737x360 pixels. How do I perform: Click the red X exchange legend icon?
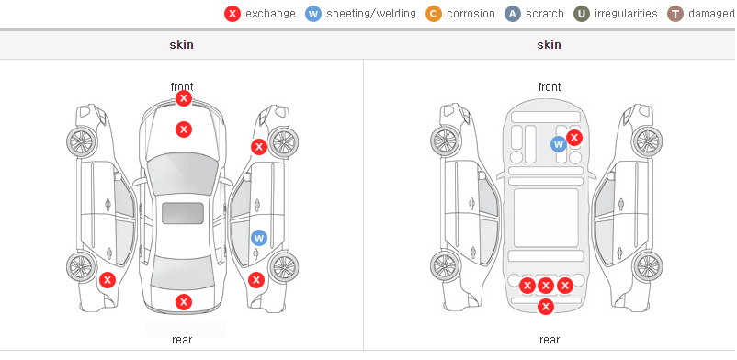click(x=232, y=14)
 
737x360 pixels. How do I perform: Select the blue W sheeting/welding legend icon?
click(x=313, y=14)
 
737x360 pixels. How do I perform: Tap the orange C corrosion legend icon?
click(x=434, y=14)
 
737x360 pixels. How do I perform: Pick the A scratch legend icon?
click(x=513, y=14)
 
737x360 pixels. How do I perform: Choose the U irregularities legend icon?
click(x=582, y=14)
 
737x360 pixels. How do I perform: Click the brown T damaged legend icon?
click(x=675, y=14)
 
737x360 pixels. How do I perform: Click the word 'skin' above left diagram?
click(x=181, y=45)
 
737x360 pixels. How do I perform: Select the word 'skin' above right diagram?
click(x=549, y=45)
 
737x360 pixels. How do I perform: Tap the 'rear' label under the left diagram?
click(x=182, y=340)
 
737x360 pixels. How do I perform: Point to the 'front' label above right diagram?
click(x=550, y=87)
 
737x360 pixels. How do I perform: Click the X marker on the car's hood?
click(x=184, y=129)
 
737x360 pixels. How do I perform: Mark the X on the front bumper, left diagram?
click(x=184, y=98)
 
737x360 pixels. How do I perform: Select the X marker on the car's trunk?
click(x=184, y=302)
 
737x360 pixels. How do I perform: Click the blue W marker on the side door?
click(x=259, y=238)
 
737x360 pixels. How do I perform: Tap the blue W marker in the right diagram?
click(x=559, y=144)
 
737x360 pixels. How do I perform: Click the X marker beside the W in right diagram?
click(x=574, y=138)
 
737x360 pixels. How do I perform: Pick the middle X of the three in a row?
click(x=545, y=286)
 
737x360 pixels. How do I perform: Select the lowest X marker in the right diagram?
click(x=546, y=307)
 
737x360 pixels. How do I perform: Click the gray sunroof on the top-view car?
click(x=183, y=213)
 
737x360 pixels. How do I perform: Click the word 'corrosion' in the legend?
click(x=471, y=14)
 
